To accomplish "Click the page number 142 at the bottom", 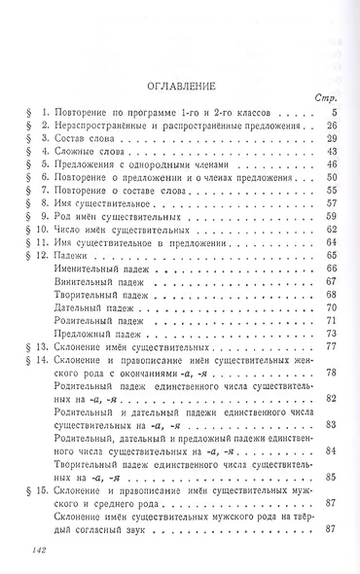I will [x=33, y=549].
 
